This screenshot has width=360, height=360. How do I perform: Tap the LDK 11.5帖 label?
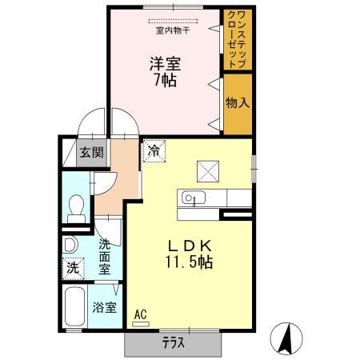click(189, 254)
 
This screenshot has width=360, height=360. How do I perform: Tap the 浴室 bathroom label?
click(104, 306)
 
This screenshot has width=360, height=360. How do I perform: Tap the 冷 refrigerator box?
click(154, 150)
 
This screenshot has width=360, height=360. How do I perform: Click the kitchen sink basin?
click(193, 197)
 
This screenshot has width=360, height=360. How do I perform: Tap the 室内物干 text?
click(172, 31)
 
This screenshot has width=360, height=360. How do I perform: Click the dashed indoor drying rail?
click(171, 21)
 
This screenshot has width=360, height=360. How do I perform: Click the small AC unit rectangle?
click(141, 323)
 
